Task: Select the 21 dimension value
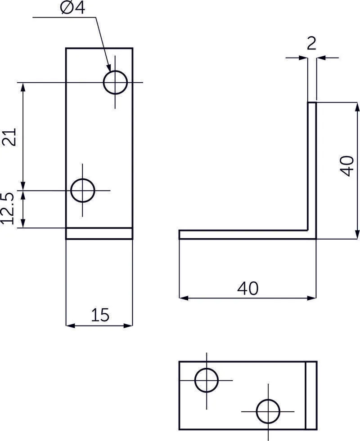(x=10, y=137)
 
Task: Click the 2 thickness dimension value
(x=311, y=44)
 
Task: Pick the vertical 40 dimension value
(x=348, y=166)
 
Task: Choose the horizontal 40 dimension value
(x=247, y=288)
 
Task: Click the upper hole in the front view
(x=115, y=82)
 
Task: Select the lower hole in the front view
(x=83, y=190)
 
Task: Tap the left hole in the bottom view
(x=207, y=380)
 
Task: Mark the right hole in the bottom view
(x=268, y=411)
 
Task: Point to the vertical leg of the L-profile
(x=312, y=166)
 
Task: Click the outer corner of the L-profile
(x=316, y=239)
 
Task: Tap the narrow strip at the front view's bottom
(x=99, y=233)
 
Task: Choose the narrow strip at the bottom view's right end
(x=311, y=395)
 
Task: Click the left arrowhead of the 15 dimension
(x=69, y=325)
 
